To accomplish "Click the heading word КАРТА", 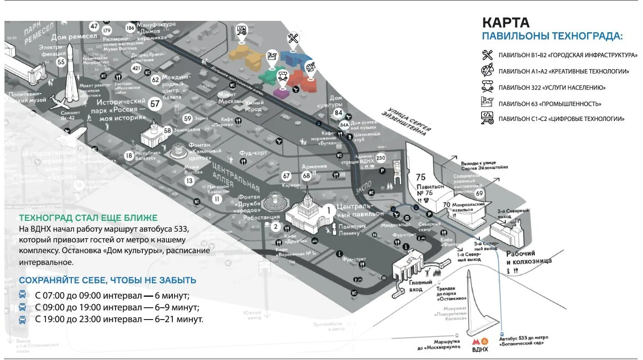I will tap(506, 22).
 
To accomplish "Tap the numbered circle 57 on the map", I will tap(156, 104).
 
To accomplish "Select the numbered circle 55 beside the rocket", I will tap(61, 62).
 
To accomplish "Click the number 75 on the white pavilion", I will tap(421, 177).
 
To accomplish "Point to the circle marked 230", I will tap(381, 158).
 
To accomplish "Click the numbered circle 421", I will tap(136, 68).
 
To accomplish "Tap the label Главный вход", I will tap(420, 285).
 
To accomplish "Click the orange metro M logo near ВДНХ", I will tap(476, 341).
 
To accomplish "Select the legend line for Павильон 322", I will tap(552, 87).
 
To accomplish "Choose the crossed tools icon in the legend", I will tap(487, 55).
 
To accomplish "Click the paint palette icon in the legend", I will tap(487, 71).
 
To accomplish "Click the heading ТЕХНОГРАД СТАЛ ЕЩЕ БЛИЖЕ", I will tap(88, 218).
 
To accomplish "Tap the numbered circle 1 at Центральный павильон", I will tap(328, 210).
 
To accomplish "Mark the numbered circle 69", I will tap(479, 193).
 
